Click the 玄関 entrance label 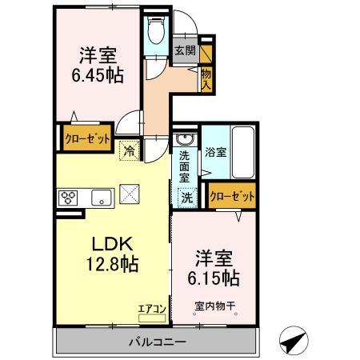(x=185, y=50)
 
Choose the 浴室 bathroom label (x=215, y=150)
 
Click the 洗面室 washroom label (x=185, y=164)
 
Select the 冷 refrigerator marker (x=128, y=149)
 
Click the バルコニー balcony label (x=155, y=342)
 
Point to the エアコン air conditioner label (x=151, y=306)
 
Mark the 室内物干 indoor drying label (x=215, y=305)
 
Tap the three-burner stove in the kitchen (x=67, y=198)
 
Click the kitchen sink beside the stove (x=101, y=198)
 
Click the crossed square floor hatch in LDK (x=129, y=194)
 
